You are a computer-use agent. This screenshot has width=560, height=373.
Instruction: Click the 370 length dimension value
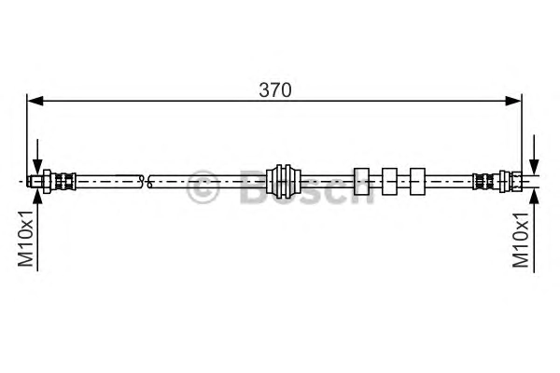[x=275, y=90]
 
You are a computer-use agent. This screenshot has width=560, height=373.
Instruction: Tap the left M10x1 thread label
[x=26, y=239]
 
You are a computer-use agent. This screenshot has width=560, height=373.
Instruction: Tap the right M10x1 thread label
[x=521, y=240]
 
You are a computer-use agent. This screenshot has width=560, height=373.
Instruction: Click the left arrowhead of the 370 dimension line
[x=35, y=101]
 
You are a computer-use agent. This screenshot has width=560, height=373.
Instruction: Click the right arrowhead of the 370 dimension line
[x=513, y=101]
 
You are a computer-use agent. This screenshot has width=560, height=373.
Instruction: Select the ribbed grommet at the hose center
[x=284, y=181]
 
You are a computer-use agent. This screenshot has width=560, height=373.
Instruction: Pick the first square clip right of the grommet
[x=361, y=181]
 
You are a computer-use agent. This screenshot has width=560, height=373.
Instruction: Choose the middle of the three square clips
[x=389, y=181]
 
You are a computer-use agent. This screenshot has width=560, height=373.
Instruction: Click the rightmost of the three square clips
[x=417, y=181]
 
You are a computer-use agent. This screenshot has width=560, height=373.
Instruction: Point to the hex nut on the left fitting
[x=47, y=181]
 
